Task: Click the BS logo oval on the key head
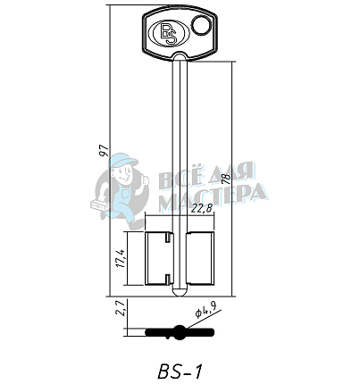(x=169, y=33)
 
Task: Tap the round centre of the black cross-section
(x=180, y=333)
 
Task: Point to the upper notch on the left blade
(x=168, y=239)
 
